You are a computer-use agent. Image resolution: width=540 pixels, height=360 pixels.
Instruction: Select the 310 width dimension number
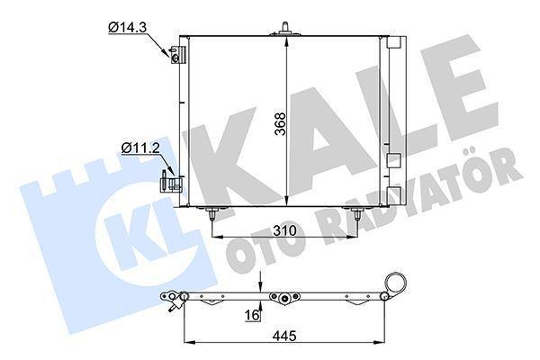285,231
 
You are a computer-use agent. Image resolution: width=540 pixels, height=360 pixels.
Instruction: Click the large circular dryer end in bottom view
392,285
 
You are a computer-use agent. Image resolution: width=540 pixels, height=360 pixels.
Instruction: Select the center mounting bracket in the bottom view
285,299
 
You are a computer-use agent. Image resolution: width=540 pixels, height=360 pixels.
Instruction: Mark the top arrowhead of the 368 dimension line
286,41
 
